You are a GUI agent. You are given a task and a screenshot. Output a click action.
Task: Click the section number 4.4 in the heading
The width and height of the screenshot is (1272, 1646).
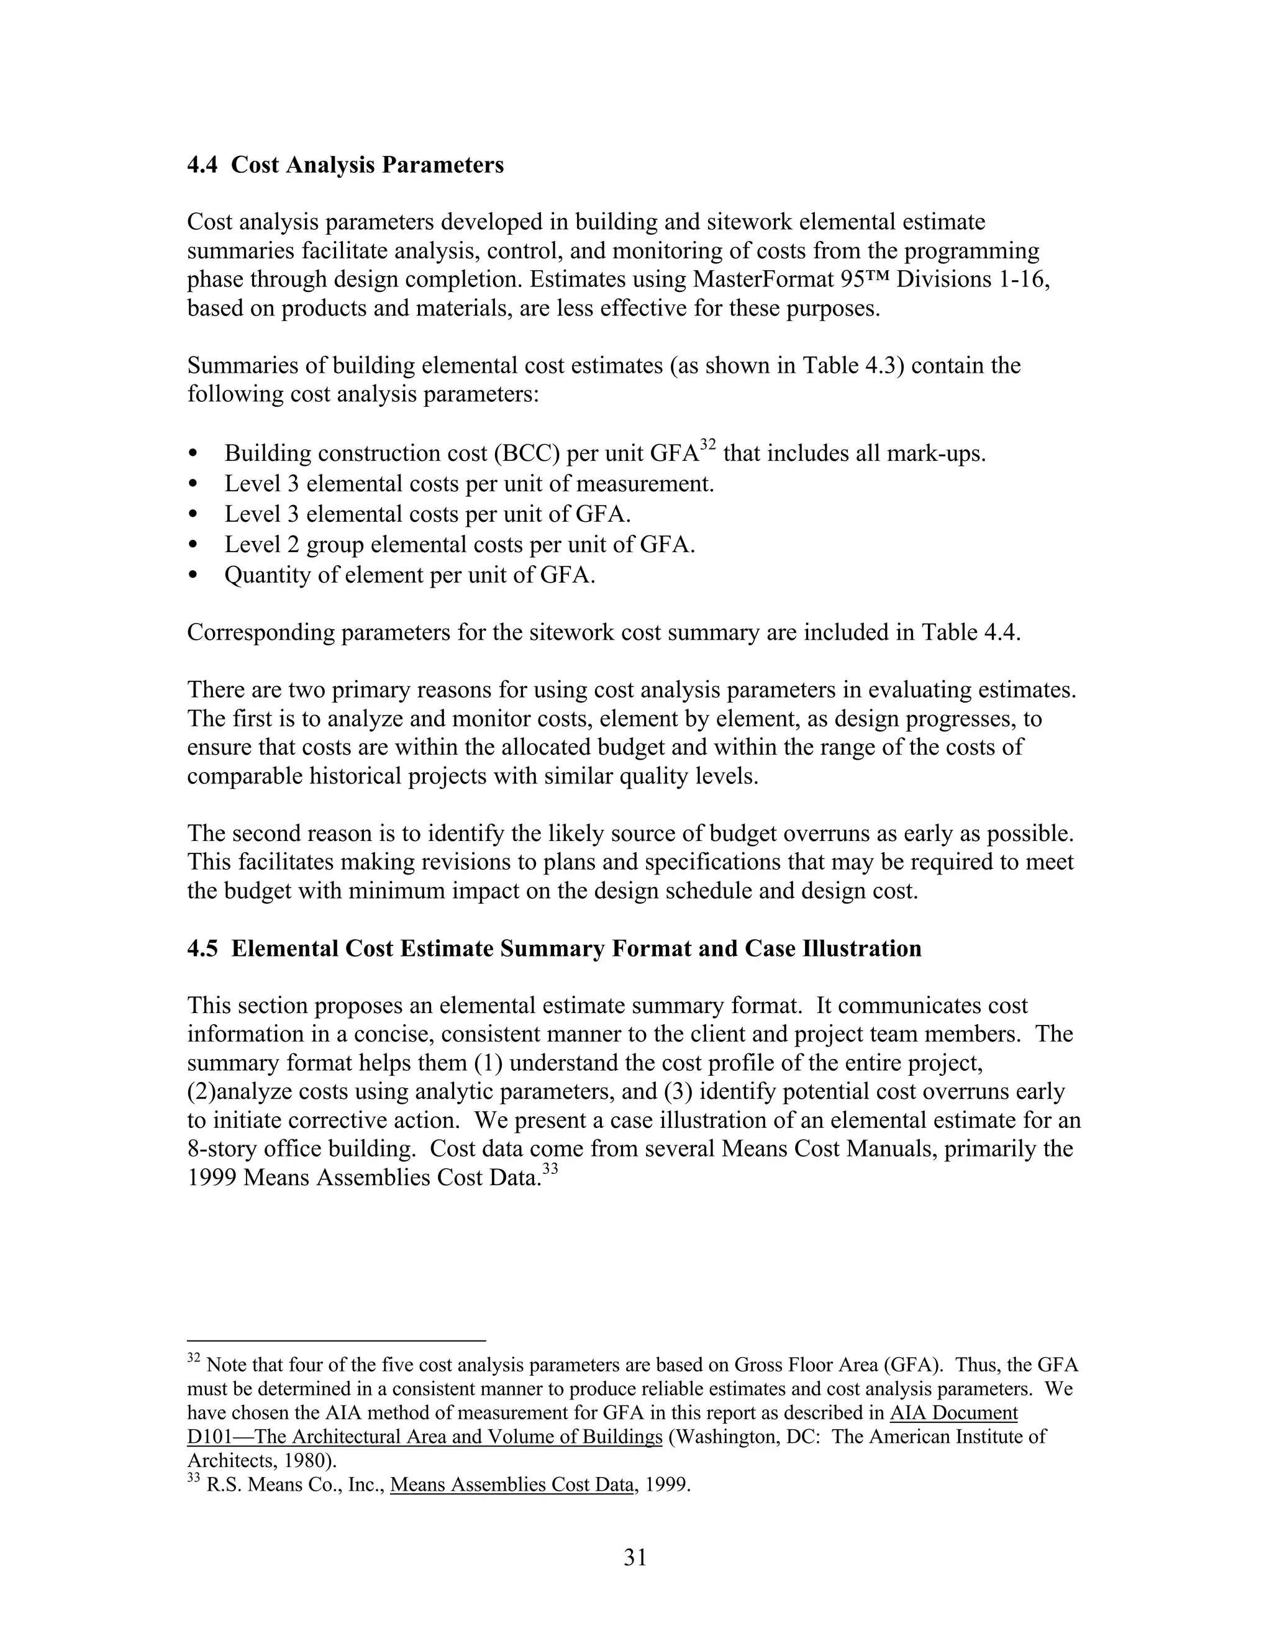pyautogui.click(x=202, y=165)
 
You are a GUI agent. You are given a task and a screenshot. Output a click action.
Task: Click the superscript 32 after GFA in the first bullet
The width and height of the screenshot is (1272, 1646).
pyautogui.click(x=707, y=445)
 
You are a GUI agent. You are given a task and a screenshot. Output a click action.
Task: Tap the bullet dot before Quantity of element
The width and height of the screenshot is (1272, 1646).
pyautogui.click(x=194, y=575)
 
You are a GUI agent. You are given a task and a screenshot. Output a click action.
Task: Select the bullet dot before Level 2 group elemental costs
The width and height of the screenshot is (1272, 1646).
pyautogui.click(x=194, y=544)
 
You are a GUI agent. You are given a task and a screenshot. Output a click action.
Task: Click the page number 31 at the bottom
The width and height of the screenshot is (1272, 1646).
pyautogui.click(x=635, y=1558)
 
